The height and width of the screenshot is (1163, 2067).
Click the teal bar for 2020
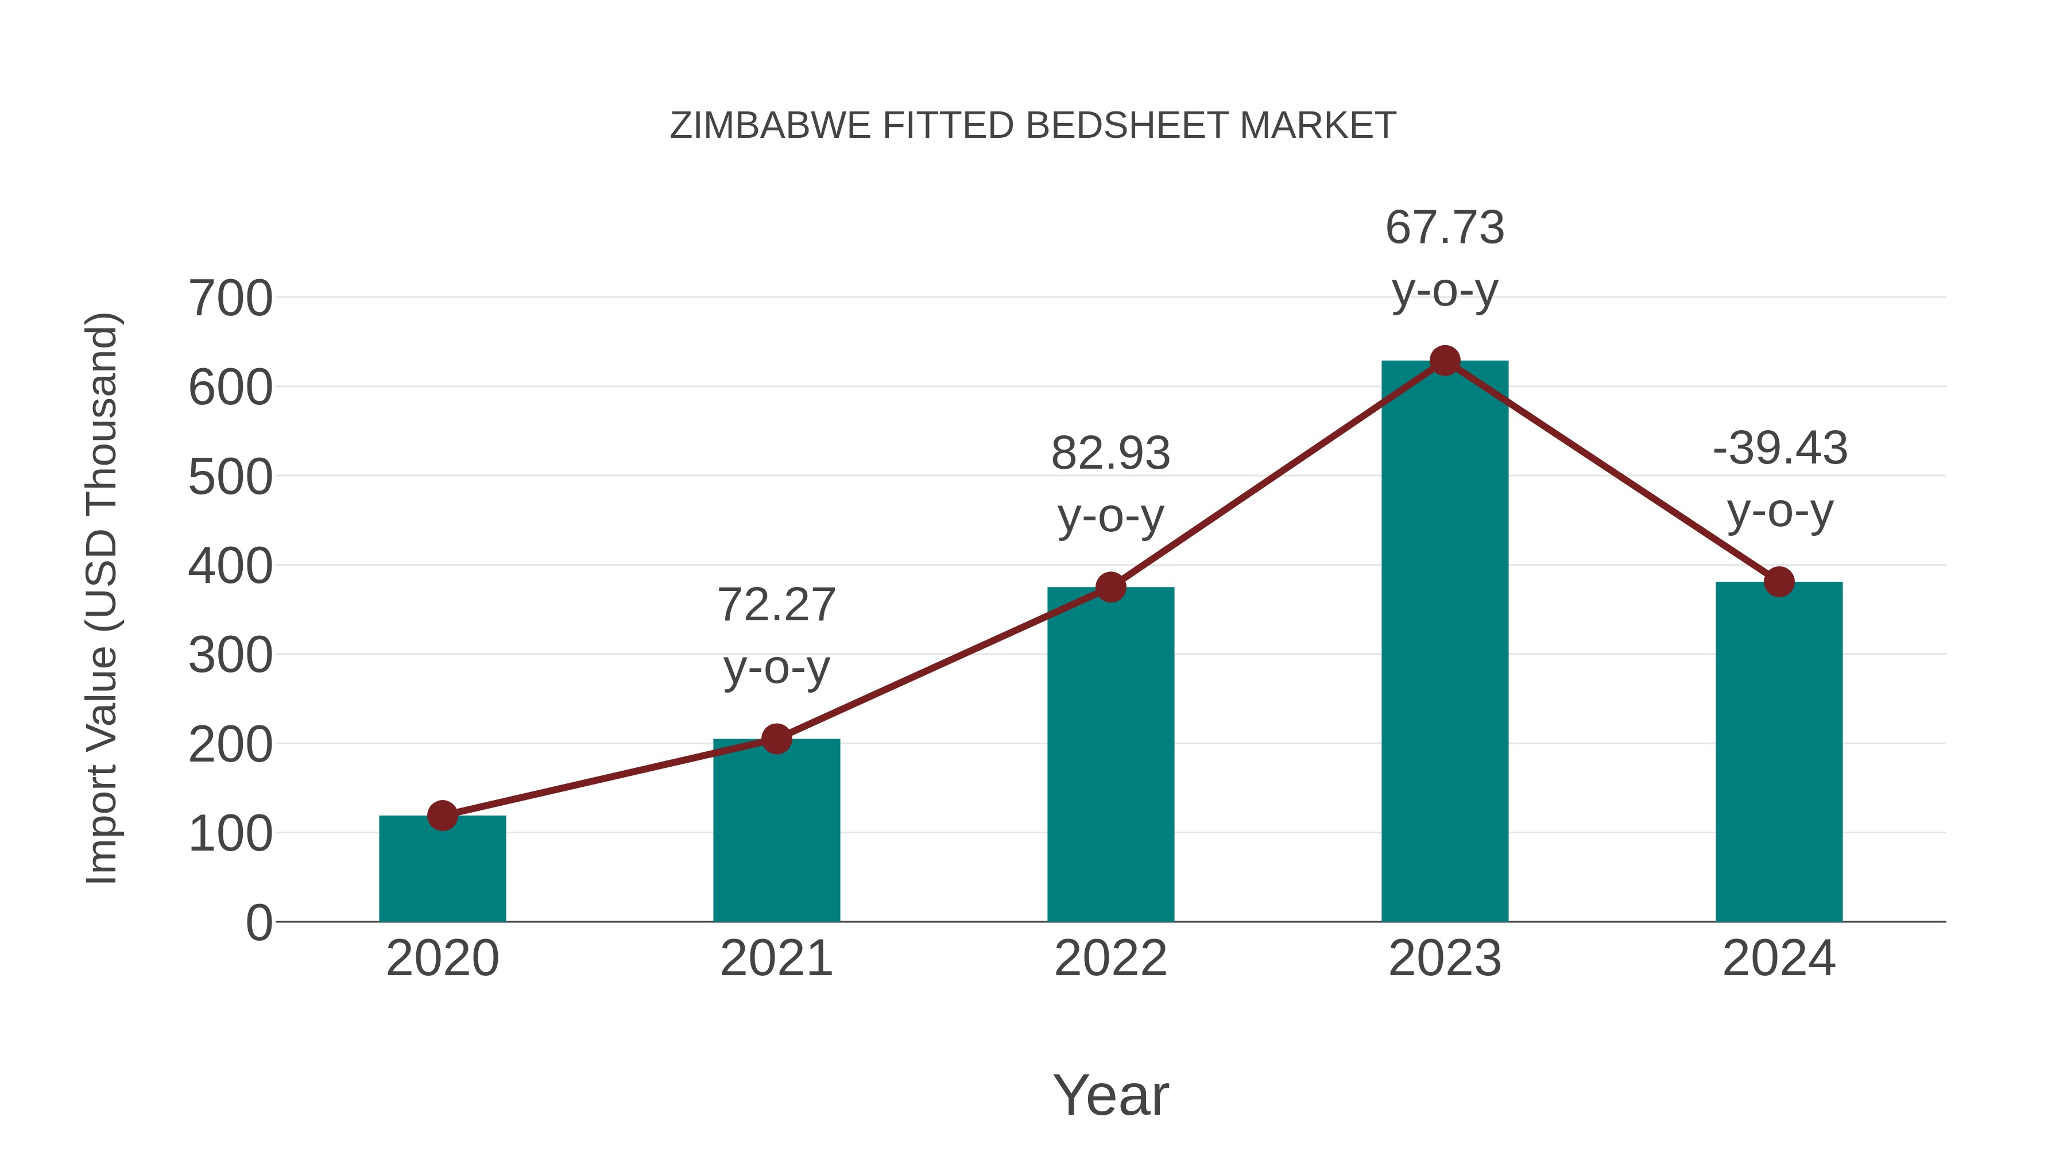click(442, 871)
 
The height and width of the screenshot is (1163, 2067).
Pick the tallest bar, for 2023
click(1445, 642)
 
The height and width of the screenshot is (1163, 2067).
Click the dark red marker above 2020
click(442, 816)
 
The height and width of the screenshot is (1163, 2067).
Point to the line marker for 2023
click(1445, 361)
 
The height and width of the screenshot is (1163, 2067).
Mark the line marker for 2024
click(1779, 582)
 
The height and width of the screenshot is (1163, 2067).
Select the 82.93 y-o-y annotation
click(1110, 484)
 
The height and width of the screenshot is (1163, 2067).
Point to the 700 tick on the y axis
click(230, 299)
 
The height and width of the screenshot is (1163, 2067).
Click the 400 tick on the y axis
click(230, 566)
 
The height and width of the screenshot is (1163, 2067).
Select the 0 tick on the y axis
click(258, 922)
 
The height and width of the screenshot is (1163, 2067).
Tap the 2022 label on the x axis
click(1110, 959)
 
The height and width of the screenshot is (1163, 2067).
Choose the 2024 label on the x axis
click(1779, 959)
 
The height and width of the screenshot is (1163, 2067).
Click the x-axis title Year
click(1110, 1095)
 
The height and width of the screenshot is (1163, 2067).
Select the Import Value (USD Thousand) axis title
click(103, 598)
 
